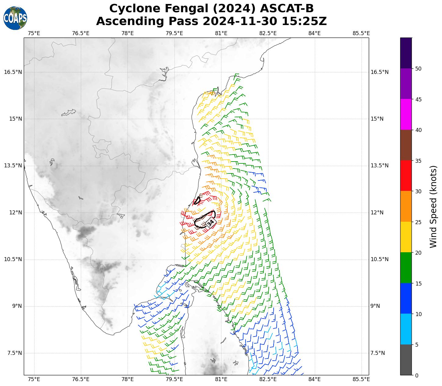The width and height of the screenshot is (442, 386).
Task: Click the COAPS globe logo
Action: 15,18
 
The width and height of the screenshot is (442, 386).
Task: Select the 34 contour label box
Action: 210,223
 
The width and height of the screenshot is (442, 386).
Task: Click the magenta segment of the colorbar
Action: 406,115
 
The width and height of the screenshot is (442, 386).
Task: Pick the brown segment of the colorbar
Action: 406,145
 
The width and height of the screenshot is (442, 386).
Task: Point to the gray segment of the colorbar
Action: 406,360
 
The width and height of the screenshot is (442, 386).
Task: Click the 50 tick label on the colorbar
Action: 419,68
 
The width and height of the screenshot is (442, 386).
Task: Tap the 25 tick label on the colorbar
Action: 419,222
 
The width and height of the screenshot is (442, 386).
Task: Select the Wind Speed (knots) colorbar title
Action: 433,206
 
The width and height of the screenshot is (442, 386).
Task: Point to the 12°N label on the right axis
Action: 377,213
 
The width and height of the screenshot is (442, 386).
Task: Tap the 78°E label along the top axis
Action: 128,33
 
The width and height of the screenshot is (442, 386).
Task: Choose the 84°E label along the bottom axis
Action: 314,379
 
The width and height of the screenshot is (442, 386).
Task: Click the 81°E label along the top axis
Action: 221,33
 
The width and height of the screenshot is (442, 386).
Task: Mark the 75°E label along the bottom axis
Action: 34,379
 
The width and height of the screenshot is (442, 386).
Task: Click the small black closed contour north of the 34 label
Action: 197,201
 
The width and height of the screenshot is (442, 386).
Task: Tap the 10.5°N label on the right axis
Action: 379,259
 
